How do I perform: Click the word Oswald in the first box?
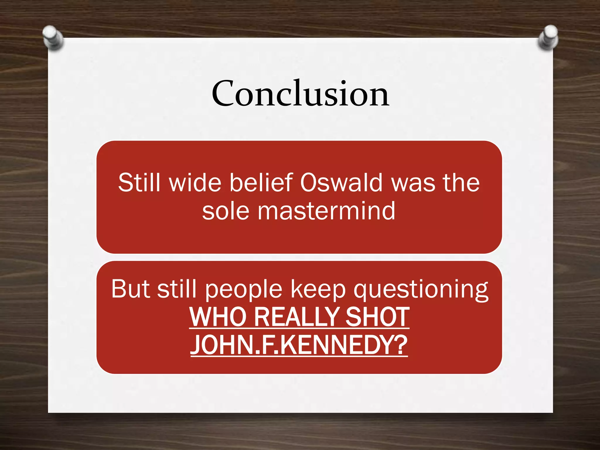point(342,183)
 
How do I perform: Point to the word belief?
point(261,183)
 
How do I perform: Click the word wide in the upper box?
point(195,183)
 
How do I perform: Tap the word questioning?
point(421,289)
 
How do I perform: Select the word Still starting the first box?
point(139,183)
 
